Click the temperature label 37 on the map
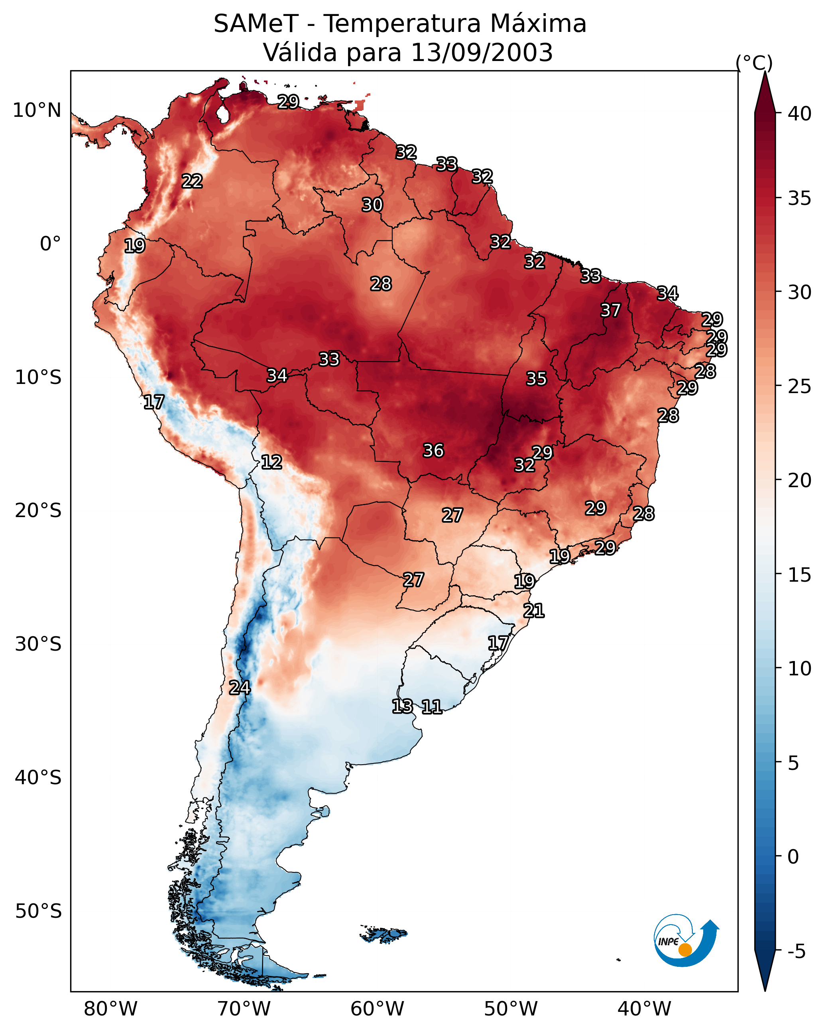pos(610,310)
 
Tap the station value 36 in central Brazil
pos(433,451)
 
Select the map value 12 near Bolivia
pos(271,462)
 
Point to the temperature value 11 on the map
pos(431,707)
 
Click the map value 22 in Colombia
pos(192,181)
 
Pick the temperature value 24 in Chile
pos(240,688)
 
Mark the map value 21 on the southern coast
pos(534,611)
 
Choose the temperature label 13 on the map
pos(402,706)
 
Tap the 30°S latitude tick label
pos(38,644)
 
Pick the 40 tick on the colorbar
pos(800,114)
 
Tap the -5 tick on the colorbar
pos(797,951)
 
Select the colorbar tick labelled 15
pos(800,575)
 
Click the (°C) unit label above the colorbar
pos(754,63)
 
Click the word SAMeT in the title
pos(256,24)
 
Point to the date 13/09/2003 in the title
pos(482,52)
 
